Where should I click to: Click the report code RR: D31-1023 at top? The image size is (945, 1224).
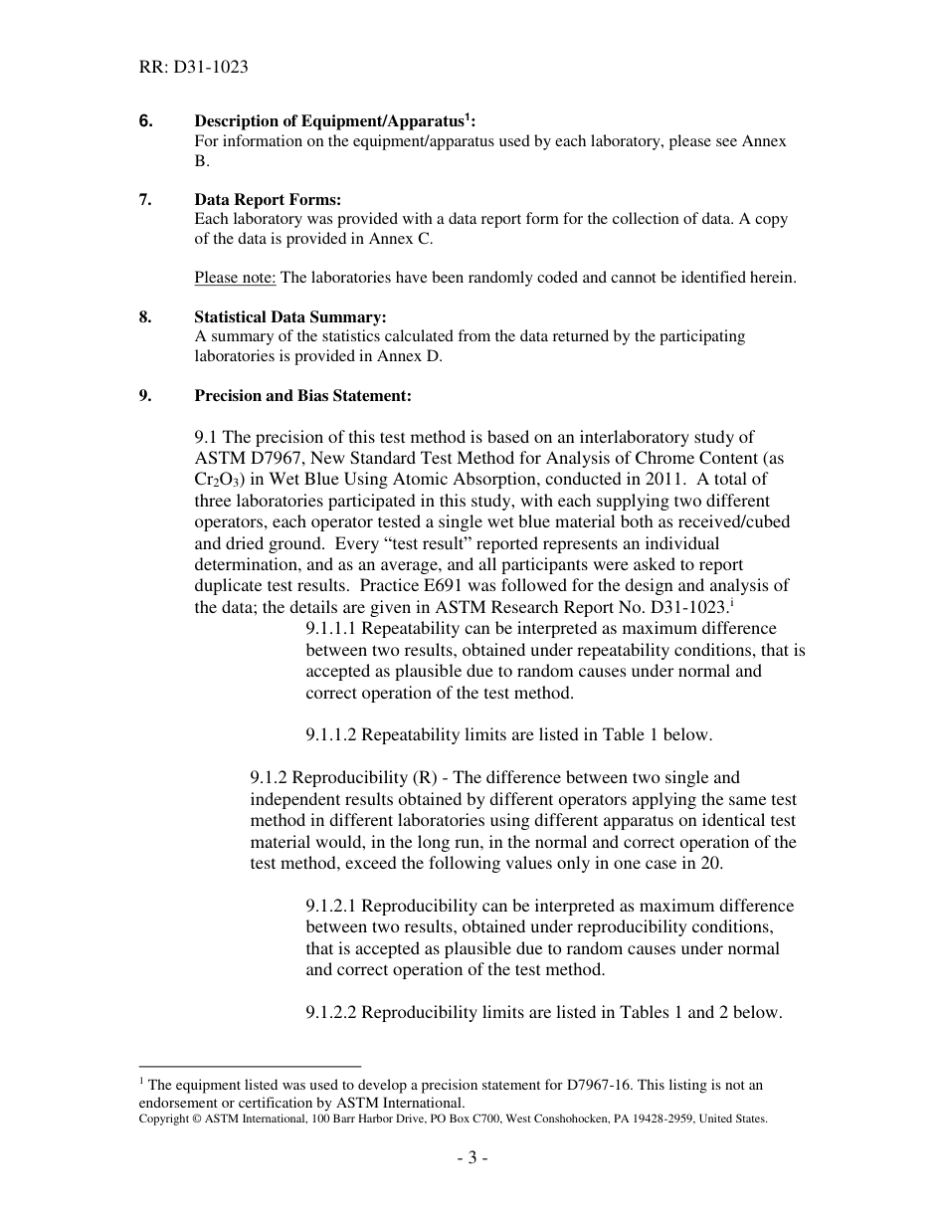tap(193, 68)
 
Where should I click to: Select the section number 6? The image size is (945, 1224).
tap(145, 121)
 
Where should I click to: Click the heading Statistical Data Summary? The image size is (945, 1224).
tap(289, 317)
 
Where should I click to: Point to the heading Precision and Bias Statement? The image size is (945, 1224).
tap(302, 395)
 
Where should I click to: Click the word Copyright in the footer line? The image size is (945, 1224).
tap(163, 1119)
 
